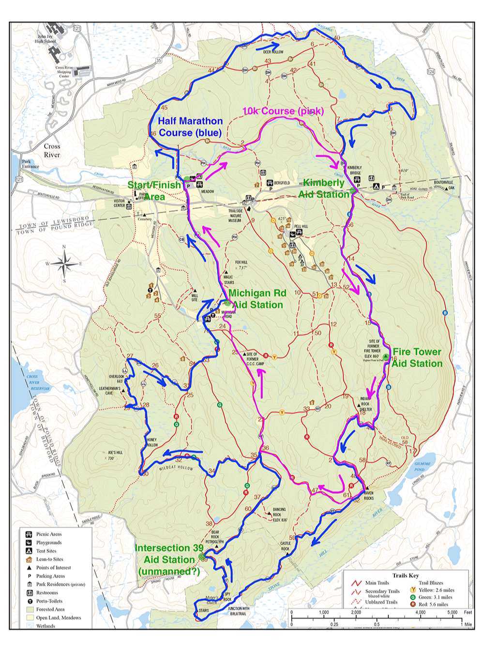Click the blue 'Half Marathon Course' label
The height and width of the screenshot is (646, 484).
tap(190, 127)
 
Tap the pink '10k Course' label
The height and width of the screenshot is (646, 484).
tap(283, 111)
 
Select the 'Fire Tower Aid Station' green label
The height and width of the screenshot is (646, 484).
tap(417, 358)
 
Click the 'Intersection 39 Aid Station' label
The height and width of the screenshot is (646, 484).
tap(169, 560)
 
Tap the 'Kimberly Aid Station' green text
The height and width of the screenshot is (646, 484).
tap(323, 189)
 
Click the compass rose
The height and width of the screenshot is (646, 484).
tap(64, 264)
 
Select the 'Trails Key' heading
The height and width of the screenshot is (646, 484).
tap(406, 575)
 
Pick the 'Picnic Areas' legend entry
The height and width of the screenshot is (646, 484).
tap(49, 534)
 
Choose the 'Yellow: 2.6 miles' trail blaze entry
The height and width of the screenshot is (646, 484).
tap(436, 590)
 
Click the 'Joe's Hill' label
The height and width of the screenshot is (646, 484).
tap(115, 455)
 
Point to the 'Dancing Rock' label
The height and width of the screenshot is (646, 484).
tap(279, 515)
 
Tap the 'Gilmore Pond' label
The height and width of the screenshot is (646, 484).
tap(422, 466)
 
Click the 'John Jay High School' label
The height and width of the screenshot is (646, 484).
tap(45, 39)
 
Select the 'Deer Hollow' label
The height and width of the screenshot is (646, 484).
tap(273, 52)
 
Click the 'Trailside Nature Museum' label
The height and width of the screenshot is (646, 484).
tap(235, 216)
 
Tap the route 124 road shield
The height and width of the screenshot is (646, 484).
tap(431, 71)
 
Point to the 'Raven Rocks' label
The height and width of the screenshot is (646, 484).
tap(369, 495)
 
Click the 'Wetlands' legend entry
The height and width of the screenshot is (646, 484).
tap(45, 626)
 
